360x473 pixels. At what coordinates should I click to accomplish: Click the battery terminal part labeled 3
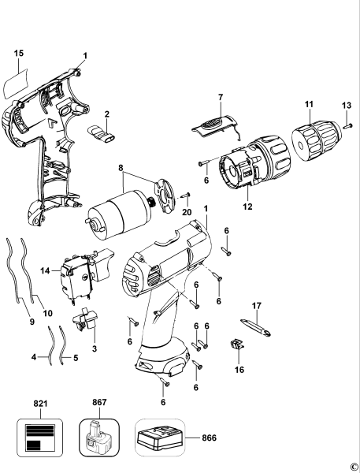(86, 324)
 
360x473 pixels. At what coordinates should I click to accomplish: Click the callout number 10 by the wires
(47, 313)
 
